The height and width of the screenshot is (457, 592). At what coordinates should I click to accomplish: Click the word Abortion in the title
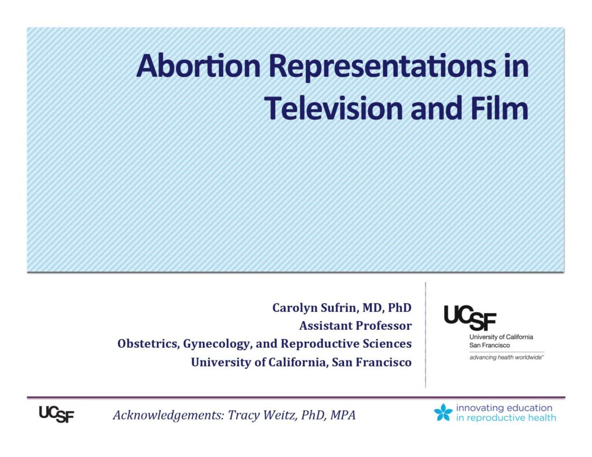(199, 66)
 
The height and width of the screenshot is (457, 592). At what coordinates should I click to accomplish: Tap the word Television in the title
(334, 108)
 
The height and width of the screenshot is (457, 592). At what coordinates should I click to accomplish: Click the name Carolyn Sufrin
(315, 308)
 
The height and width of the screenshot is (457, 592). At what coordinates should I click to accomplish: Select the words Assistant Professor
(356, 325)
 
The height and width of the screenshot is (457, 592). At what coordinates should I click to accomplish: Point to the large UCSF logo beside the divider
(469, 317)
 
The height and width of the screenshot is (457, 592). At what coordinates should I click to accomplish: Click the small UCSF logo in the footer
(57, 414)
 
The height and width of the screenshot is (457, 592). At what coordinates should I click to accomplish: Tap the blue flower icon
(443, 412)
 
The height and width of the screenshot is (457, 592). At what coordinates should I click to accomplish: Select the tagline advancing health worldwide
(506, 358)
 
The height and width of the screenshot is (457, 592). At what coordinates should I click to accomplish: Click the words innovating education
(504, 408)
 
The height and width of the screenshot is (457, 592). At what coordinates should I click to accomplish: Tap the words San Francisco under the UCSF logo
(489, 345)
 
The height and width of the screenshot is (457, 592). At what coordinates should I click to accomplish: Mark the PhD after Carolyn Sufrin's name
(399, 307)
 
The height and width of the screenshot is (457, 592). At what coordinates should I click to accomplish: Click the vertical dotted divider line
(425, 335)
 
